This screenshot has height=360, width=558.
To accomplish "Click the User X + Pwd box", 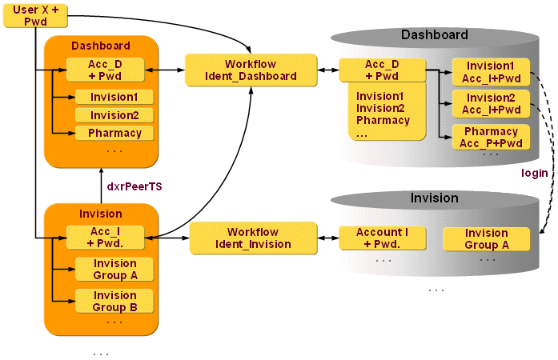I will (x=36, y=15).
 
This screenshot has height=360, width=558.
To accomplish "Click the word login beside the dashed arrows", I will (x=534, y=173).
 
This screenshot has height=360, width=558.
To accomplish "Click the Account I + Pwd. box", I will (x=382, y=238).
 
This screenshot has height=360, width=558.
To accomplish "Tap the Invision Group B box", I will (x=114, y=301).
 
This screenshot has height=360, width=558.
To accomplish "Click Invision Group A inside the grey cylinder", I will (x=487, y=239).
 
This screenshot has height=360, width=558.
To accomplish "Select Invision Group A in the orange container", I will (x=114, y=269).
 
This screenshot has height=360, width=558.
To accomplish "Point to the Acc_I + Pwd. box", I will (x=105, y=237).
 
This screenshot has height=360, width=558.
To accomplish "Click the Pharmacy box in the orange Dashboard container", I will (x=114, y=133).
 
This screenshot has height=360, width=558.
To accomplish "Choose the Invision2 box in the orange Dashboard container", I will (x=114, y=115).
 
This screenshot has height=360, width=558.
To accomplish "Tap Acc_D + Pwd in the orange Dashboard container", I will (x=105, y=70).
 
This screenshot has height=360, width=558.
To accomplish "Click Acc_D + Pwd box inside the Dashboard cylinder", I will (x=381, y=70).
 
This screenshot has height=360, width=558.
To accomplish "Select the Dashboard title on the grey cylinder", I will (x=434, y=35).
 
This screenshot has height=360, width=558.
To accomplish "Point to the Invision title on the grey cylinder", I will (x=434, y=198).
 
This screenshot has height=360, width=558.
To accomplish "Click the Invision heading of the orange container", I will (x=101, y=214).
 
